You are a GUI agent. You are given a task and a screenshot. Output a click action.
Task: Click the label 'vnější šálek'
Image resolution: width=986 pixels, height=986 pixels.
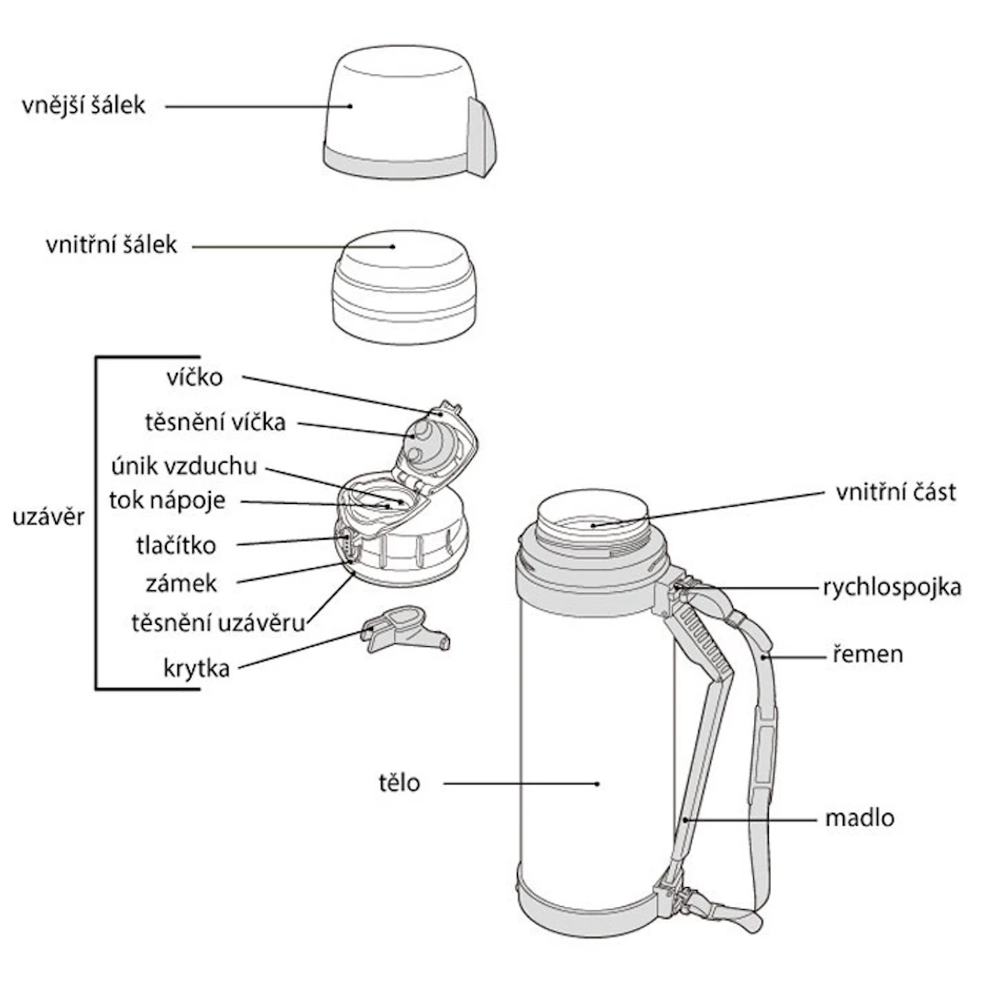coord(83,105)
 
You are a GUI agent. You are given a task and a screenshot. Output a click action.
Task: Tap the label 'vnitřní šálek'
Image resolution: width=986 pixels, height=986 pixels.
coord(111,246)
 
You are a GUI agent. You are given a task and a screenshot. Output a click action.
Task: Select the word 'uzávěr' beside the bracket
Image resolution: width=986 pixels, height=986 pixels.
coord(48,517)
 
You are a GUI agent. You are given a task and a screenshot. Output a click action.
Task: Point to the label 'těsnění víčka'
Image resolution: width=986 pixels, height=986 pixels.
coord(215,422)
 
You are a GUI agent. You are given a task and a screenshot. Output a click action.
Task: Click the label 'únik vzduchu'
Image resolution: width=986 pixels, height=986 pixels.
coord(183,466)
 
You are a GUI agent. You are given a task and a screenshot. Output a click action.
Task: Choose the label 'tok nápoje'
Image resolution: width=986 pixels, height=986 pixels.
coord(167,500)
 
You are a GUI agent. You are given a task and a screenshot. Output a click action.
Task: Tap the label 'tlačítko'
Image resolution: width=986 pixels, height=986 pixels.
coord(175,546)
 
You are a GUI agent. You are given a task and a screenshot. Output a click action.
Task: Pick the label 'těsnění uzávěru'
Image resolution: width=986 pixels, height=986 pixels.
coord(216,623)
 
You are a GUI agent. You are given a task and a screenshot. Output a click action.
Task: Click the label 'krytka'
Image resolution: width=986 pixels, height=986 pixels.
coord(196,668)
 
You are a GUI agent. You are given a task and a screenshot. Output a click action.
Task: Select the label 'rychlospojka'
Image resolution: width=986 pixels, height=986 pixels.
coord(892,587)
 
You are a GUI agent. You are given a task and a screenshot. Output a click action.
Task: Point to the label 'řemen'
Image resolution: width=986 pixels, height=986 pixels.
coord(867,654)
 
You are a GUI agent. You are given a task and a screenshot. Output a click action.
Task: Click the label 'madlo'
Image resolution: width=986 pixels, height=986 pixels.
coord(859,818)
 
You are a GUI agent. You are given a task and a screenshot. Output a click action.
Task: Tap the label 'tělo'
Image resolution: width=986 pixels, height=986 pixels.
coord(399,783)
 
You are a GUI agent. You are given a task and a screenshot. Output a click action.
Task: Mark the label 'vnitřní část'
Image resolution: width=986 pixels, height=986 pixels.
coord(895,492)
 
